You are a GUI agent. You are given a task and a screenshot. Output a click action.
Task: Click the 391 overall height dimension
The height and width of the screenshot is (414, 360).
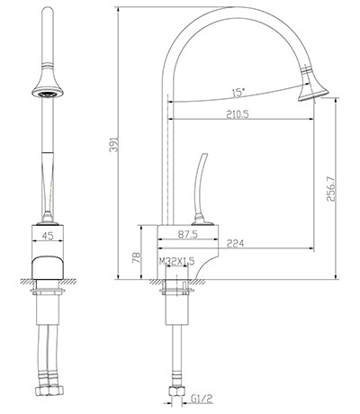(114, 144)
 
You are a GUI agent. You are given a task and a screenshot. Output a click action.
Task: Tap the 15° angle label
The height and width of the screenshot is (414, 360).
(238, 93)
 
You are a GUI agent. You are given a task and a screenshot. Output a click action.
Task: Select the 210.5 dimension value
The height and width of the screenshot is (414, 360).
(238, 114)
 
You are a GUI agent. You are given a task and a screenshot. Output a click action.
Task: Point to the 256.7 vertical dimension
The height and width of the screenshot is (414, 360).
(331, 189)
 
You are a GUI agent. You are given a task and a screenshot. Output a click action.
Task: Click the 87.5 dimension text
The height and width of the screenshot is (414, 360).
(188, 234)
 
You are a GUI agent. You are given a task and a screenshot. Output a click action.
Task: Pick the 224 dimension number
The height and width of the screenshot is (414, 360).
(235, 243)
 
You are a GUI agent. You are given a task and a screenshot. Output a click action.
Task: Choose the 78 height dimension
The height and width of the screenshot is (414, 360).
(137, 257)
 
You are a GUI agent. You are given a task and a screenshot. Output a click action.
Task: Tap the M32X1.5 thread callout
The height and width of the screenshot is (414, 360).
(176, 261)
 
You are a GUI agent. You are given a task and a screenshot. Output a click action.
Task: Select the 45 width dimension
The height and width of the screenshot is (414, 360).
(48, 236)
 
